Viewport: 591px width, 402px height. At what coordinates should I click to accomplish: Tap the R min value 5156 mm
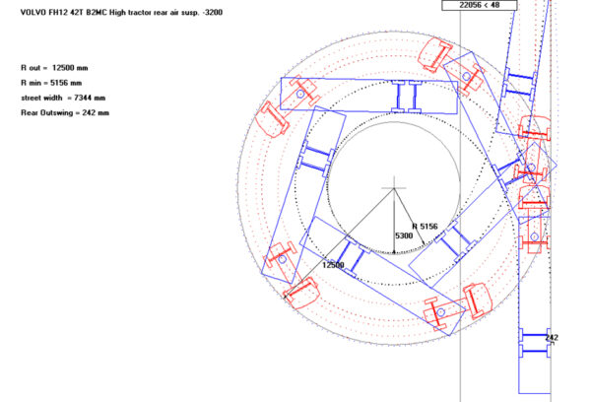click(67, 83)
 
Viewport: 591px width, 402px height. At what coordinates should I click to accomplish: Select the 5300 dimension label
click(404, 236)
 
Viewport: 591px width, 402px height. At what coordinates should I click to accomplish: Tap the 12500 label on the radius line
click(333, 265)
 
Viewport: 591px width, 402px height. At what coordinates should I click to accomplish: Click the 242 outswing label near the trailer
click(551, 338)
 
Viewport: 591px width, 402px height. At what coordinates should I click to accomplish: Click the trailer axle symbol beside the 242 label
click(533, 342)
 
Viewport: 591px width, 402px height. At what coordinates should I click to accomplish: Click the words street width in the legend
click(41, 98)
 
